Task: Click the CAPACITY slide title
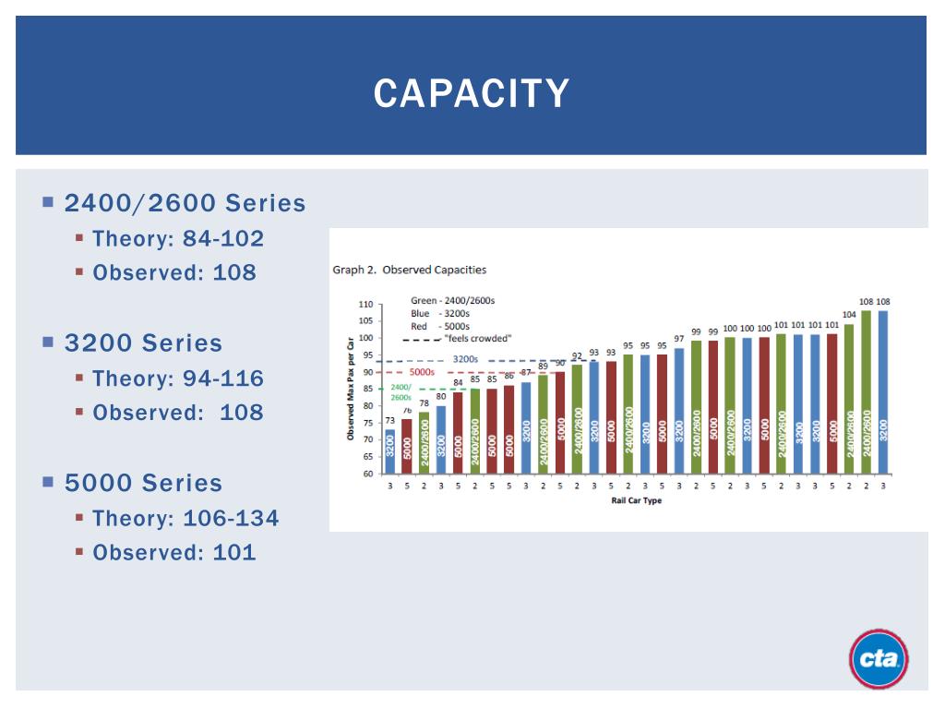click(x=472, y=93)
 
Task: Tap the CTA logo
click(x=878, y=659)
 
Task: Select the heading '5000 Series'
click(x=143, y=483)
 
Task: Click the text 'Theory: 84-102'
click(x=178, y=239)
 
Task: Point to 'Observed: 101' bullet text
click(x=174, y=553)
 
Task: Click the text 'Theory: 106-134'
click(x=185, y=519)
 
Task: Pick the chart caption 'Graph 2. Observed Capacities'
click(x=409, y=270)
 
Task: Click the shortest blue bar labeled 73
click(x=389, y=451)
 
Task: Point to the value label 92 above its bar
click(x=577, y=355)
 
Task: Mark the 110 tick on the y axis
click(x=365, y=304)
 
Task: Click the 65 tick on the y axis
click(x=367, y=457)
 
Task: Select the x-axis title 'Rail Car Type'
click(x=636, y=500)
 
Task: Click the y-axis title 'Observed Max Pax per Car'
click(x=351, y=389)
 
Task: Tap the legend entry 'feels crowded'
click(x=476, y=339)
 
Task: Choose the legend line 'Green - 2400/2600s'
click(x=452, y=301)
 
